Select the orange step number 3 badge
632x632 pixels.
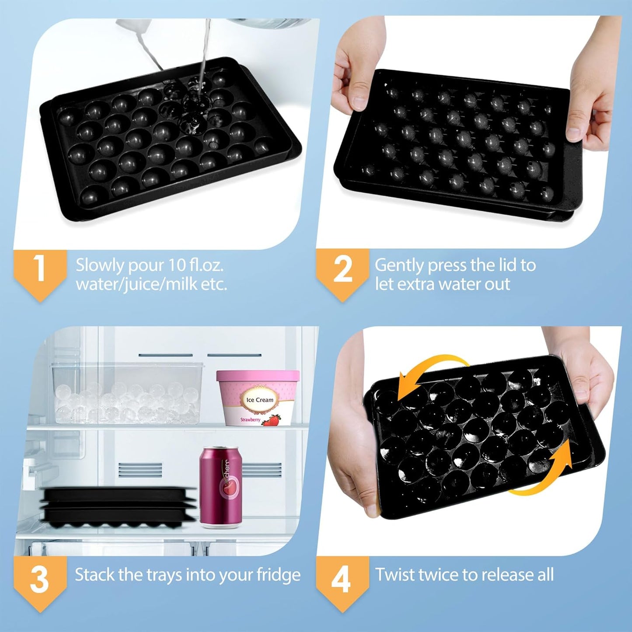[40, 580]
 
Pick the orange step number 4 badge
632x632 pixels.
[342, 580]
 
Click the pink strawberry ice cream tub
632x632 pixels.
[258, 398]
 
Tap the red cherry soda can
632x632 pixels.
[221, 485]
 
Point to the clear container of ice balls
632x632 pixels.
[127, 394]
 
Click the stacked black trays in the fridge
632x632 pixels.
[118, 505]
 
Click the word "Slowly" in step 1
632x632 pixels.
[100, 265]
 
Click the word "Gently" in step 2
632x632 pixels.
[399, 265]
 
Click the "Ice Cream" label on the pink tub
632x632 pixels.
[260, 400]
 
